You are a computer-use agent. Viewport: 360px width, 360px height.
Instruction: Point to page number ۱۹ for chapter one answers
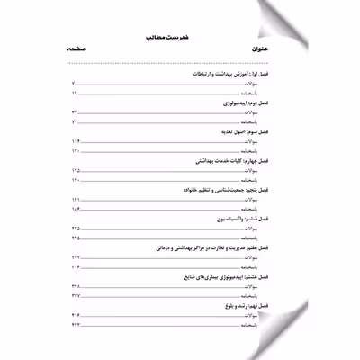click(74, 94)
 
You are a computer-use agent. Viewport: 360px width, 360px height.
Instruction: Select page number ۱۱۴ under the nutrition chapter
click(75, 146)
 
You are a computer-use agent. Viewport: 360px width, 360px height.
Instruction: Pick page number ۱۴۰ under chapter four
click(75, 180)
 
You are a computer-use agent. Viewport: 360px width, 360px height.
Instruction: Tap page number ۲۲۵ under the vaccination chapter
click(75, 231)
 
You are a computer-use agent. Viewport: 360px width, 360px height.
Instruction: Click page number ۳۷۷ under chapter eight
click(75, 294)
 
